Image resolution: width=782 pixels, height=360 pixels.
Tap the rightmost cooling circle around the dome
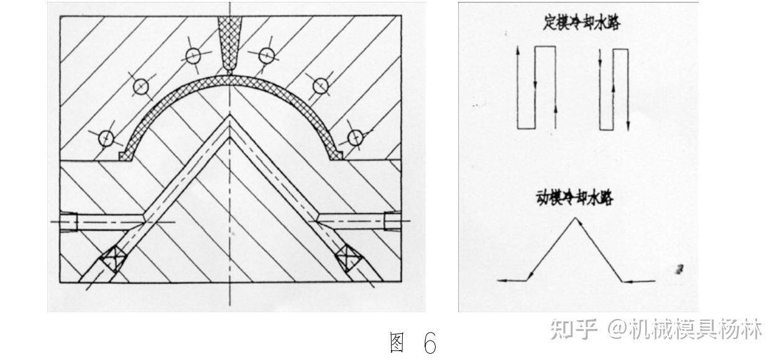tap(355, 137)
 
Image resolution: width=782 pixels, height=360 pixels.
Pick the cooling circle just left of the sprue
tap(192, 55)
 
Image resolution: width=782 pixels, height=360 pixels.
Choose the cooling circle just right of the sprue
tap(267, 55)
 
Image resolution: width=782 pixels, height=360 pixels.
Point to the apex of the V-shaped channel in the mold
tap(230, 118)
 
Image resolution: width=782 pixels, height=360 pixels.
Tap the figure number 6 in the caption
tap(430, 343)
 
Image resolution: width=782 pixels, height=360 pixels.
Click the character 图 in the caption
tap(397, 343)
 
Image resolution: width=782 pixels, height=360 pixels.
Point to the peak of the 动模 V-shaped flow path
tap(574, 218)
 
